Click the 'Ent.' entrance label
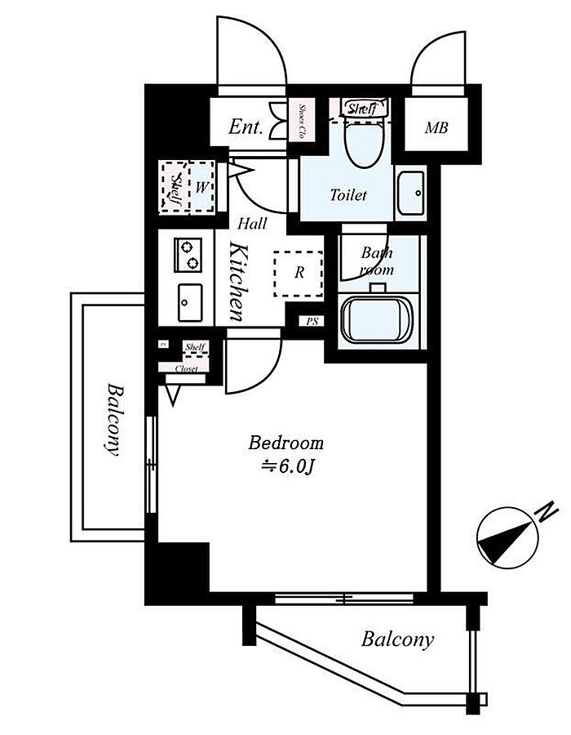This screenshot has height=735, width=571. (x=245, y=127)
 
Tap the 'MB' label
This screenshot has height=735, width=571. (x=434, y=128)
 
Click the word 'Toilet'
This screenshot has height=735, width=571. (x=348, y=195)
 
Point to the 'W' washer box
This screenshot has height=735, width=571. (x=201, y=187)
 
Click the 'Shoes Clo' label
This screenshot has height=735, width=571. (x=301, y=122)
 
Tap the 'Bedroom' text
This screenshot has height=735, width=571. (x=286, y=443)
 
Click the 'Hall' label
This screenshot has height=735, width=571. (x=251, y=223)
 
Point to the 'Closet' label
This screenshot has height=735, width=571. (x=187, y=367)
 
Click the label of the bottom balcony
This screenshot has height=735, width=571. (x=397, y=639)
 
